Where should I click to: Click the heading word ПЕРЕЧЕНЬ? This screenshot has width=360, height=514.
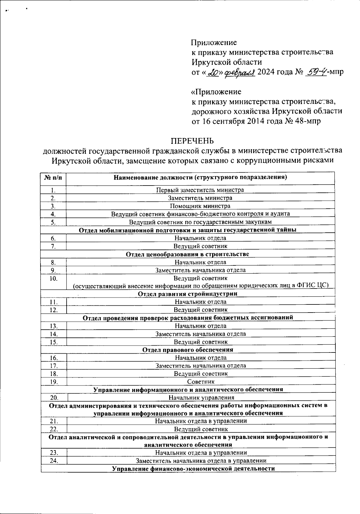coord(192,141)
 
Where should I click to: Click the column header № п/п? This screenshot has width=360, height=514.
coord(54,177)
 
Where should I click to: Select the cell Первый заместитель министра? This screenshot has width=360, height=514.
coord(200,190)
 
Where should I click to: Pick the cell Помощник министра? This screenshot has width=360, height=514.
coord(200,206)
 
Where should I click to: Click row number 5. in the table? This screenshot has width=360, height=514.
coord(53,222)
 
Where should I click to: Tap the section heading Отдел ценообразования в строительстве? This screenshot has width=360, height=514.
coord(187,254)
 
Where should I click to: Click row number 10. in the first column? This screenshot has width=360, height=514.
coord(53,278)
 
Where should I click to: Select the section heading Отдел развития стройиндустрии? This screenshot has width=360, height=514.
coord(187,294)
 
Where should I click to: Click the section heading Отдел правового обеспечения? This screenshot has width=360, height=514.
coord(187,350)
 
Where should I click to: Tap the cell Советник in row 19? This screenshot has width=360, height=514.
coord(201,382)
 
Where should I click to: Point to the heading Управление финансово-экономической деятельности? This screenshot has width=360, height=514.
coord(193,469)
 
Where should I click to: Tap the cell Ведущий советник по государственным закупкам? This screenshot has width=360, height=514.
coord(200,222)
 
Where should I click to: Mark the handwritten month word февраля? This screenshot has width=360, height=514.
coord(240,72)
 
